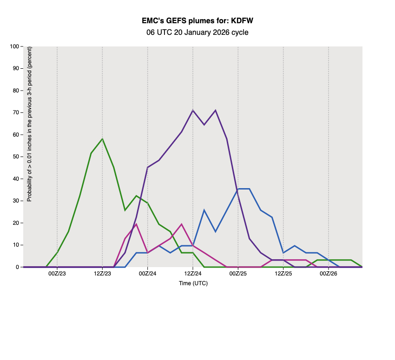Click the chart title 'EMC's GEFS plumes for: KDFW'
pyautogui.click(x=197, y=21)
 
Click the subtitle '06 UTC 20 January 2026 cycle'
pyautogui.click(x=197, y=33)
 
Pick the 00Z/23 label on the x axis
pyautogui.click(x=57, y=275)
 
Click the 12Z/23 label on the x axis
pyautogui.click(x=102, y=275)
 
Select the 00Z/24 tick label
pyautogui.click(x=147, y=275)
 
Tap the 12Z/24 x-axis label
pyautogui.click(x=193, y=275)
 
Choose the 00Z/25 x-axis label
pyautogui.click(x=238, y=275)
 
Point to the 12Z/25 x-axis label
pyautogui.click(x=283, y=275)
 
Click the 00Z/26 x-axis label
pyautogui.click(x=329, y=275)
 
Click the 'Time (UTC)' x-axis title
pyautogui.click(x=193, y=283)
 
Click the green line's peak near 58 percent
pyautogui.click(x=102, y=139)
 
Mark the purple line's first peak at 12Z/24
pyautogui.click(x=193, y=111)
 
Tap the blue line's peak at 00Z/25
pyautogui.click(x=238, y=189)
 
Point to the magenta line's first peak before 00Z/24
pyautogui.click(x=136, y=224)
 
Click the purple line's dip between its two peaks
pyautogui.click(x=204, y=124)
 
